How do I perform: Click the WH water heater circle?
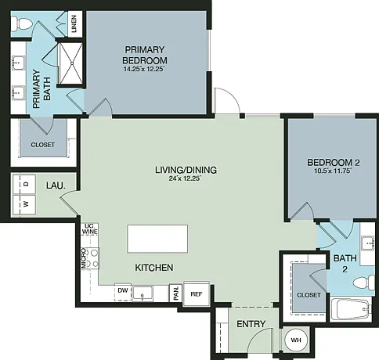point(296,340)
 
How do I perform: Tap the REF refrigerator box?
point(197,294)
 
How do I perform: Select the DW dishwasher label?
point(123,290)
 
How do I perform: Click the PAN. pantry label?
point(176,293)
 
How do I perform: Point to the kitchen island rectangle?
point(157,239)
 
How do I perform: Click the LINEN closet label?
point(74,24)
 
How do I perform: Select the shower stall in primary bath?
point(70,63)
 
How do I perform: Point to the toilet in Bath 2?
point(364,283)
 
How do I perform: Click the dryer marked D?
point(24,184)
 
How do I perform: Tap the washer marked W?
point(24,204)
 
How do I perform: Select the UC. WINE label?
point(90,229)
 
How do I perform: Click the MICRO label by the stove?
point(84,258)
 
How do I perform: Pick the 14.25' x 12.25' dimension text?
point(145,70)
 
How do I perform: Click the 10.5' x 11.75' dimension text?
point(333,171)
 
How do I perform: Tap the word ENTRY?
point(251,324)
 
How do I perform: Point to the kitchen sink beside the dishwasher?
point(143,293)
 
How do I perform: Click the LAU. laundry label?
point(56,185)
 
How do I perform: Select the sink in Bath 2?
point(368,243)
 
